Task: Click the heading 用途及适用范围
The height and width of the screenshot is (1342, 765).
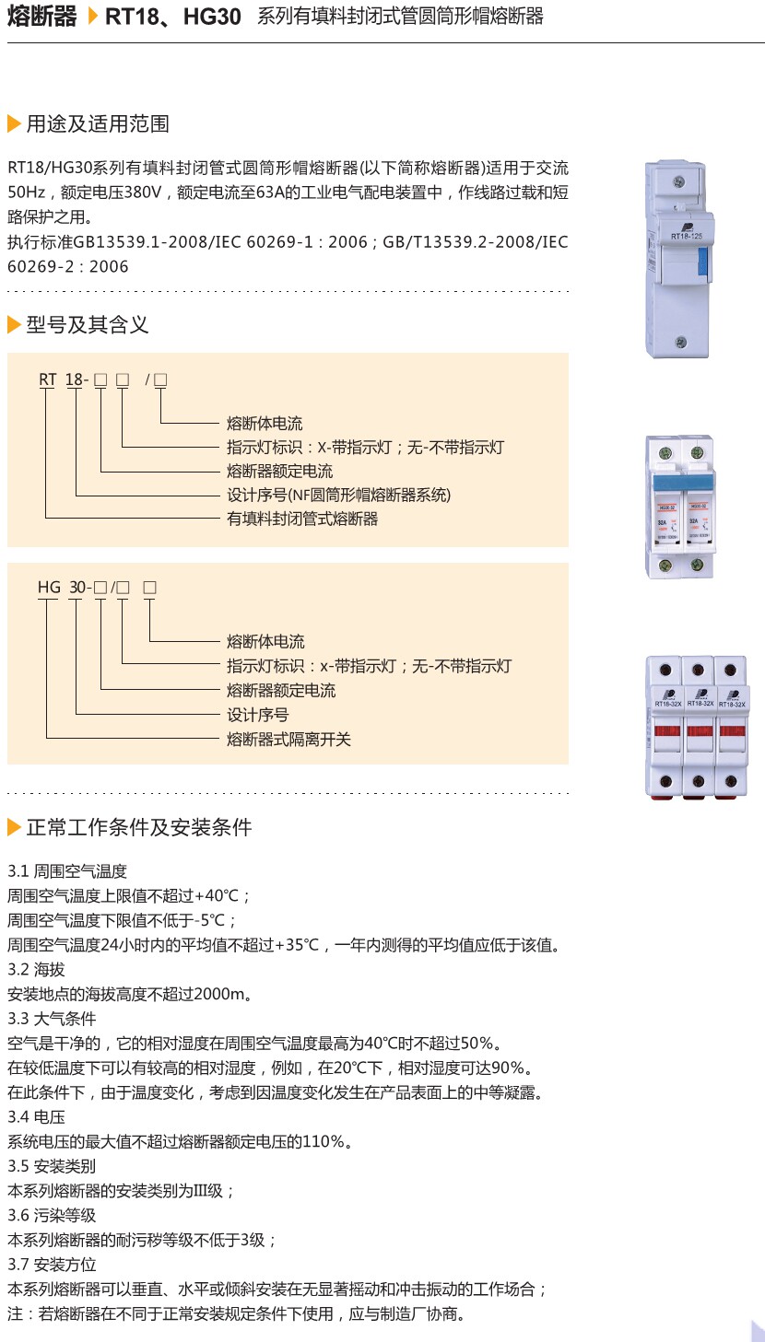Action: coord(98,124)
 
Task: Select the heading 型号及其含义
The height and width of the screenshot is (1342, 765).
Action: coord(88,324)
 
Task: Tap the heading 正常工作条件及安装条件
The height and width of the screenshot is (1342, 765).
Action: coord(139,827)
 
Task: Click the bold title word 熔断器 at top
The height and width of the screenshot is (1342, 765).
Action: coord(42,17)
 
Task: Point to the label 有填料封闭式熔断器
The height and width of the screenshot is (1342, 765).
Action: coord(302,519)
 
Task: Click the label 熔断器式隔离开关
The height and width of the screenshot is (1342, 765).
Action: coord(288,739)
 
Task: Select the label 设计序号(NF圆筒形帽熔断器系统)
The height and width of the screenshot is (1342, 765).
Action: coord(339,495)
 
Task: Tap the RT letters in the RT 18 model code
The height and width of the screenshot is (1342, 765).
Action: coord(47,379)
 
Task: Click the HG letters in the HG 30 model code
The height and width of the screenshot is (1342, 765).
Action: coord(49,587)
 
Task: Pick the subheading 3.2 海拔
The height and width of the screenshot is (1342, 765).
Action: coord(37,969)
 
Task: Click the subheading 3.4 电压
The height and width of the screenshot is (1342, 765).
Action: coord(37,1116)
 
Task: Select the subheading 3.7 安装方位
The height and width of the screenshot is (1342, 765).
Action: coord(52,1264)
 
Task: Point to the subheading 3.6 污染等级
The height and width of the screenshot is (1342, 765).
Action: coord(52,1215)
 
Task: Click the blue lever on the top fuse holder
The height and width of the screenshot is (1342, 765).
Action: coord(702,263)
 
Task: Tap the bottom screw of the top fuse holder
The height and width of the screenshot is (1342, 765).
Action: coord(680,342)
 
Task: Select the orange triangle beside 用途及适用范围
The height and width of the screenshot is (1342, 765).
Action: coord(14,124)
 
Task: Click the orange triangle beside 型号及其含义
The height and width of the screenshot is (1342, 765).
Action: coord(14,324)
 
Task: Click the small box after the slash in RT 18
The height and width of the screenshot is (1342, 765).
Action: coord(160,379)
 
